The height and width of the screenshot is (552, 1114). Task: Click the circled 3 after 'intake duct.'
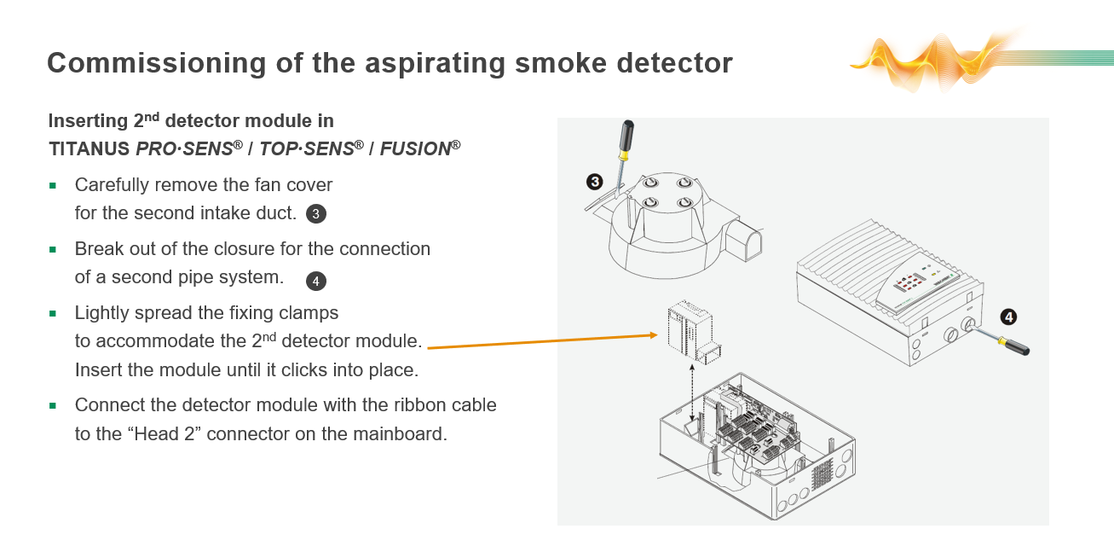(x=315, y=214)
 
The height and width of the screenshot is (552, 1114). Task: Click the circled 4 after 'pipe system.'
(x=315, y=281)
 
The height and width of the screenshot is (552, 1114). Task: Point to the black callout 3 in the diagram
(x=594, y=181)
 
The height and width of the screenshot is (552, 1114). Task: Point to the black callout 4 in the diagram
(x=1007, y=317)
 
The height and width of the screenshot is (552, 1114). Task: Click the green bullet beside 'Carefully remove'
(x=54, y=185)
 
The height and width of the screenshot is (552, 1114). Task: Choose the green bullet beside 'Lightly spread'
(x=54, y=313)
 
